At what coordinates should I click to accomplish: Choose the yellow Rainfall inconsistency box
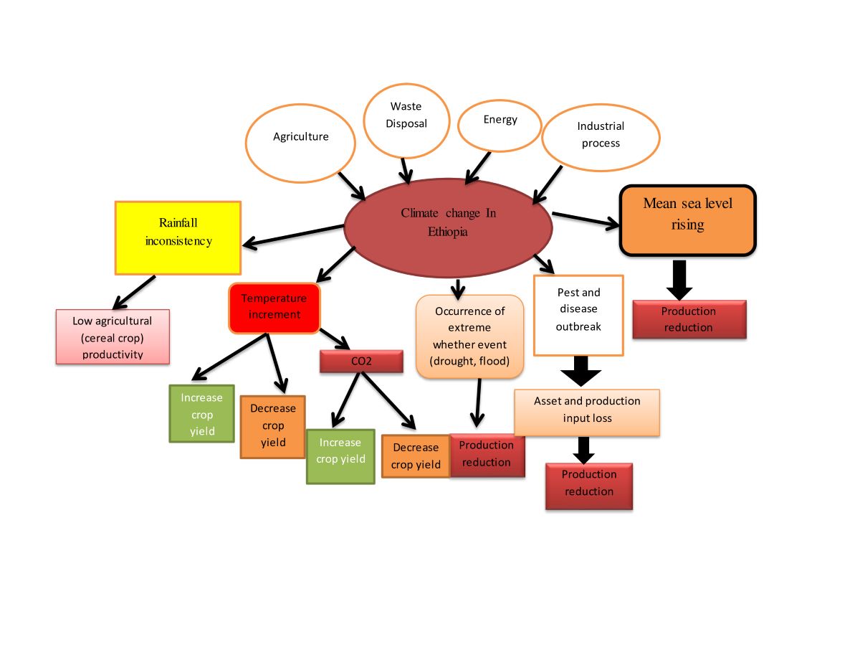(x=178, y=237)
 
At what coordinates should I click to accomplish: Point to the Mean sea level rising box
(x=687, y=220)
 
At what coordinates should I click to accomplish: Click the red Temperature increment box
(x=274, y=308)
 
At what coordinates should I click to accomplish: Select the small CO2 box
(x=361, y=361)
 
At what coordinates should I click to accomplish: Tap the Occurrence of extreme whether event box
(x=469, y=336)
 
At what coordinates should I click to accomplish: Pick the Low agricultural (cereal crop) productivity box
(x=113, y=336)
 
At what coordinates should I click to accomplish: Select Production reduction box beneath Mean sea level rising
(x=688, y=319)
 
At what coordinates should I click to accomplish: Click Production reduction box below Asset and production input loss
(x=588, y=485)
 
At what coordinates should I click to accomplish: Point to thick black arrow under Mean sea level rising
(x=679, y=279)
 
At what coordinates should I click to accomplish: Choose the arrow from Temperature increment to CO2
(x=333, y=339)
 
